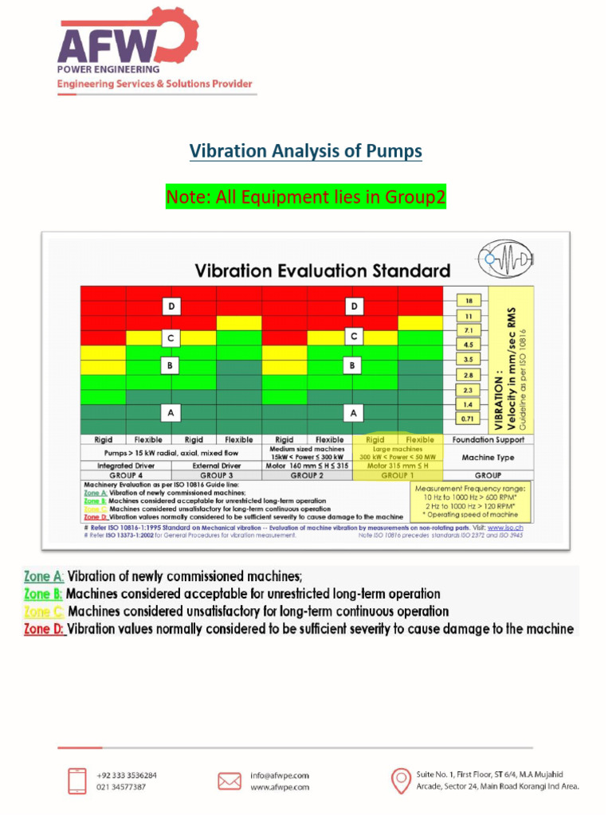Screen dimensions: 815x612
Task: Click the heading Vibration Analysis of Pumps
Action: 305,150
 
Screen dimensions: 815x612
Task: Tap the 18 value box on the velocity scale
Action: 469,300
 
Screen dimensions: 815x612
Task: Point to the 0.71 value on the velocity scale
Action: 469,418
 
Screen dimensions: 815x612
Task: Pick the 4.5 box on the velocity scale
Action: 469,345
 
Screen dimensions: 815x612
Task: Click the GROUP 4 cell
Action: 125,475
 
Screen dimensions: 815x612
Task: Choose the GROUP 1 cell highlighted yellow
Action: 398,475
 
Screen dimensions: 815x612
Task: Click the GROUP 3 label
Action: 216,475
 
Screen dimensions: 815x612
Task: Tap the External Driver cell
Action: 216,466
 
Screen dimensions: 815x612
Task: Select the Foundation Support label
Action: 488,439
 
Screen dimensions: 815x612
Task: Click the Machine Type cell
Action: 488,458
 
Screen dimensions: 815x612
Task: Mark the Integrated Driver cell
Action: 125,466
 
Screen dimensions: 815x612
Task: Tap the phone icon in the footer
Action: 77,780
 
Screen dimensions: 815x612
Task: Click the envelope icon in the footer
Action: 229,781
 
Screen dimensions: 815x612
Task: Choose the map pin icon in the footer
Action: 402,780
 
